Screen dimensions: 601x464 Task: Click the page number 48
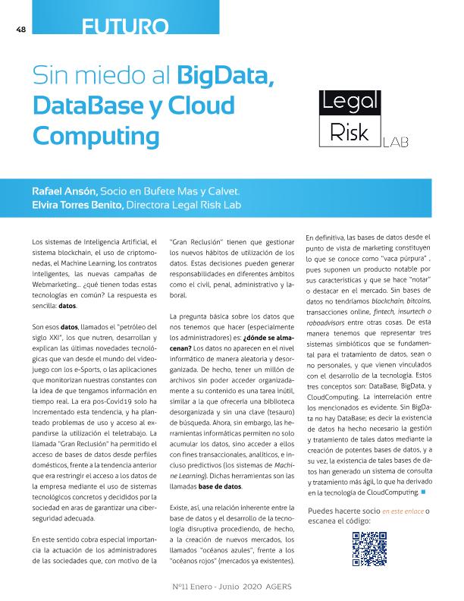pos(20,30)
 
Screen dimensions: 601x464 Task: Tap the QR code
pos(369,549)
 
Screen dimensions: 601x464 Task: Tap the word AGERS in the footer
pos(277,587)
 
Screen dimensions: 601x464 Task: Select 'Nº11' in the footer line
pos(180,587)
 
